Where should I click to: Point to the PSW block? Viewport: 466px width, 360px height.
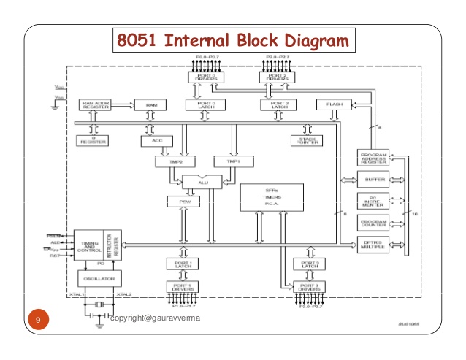tap(179, 201)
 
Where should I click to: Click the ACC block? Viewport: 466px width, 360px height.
tap(157, 140)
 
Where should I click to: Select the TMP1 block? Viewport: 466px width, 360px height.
tap(232, 161)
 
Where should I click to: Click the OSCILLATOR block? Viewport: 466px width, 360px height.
tap(100, 278)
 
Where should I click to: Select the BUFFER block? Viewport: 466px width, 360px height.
tap(373, 179)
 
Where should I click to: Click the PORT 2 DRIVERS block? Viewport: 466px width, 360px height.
tap(278, 76)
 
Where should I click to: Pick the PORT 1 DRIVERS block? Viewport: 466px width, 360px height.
tap(183, 286)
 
